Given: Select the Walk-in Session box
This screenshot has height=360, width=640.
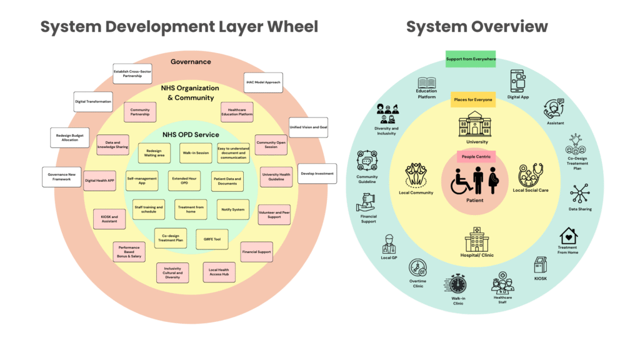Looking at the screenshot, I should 196,152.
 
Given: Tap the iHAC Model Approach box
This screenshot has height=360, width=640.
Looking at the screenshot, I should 262,82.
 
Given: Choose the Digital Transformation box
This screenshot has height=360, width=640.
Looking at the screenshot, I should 93,101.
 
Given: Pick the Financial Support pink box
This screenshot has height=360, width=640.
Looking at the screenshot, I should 256,252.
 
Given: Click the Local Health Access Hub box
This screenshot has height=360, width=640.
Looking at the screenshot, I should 219,271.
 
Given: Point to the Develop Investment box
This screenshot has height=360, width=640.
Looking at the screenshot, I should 317,174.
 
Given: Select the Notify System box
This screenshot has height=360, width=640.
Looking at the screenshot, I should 232,209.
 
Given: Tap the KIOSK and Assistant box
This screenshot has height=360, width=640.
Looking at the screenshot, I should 109,218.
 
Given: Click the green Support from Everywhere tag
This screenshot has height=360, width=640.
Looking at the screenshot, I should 470,59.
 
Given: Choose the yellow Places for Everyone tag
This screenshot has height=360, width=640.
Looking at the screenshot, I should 473,99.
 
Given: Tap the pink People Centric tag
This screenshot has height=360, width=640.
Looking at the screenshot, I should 474,156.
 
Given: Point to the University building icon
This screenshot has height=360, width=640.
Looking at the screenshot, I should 474,124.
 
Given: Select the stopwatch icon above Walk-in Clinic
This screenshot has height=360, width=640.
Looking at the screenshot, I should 457,284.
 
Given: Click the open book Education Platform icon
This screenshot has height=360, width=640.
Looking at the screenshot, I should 427,82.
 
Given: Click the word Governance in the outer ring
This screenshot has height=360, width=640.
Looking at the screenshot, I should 191,62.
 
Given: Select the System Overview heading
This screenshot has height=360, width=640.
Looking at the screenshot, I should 476,26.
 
